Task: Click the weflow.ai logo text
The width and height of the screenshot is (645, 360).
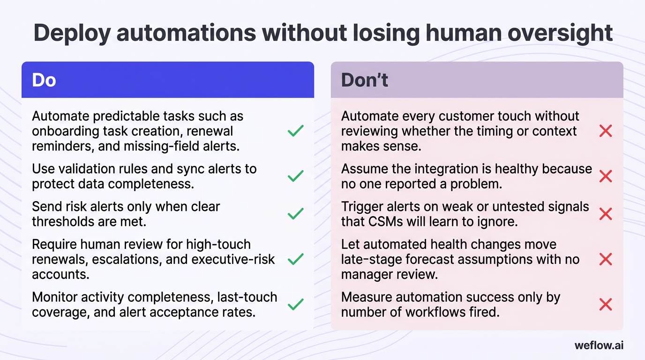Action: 599,345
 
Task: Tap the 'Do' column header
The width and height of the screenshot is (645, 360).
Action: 44,80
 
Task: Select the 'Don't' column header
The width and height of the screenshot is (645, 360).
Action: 364,80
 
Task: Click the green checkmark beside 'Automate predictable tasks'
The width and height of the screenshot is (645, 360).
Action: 295,131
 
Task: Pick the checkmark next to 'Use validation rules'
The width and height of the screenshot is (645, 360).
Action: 295,176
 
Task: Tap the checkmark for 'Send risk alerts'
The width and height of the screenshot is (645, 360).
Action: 295,214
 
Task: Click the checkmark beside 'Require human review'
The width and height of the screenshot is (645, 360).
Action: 295,259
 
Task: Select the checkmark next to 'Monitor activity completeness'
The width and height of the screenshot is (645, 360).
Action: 295,305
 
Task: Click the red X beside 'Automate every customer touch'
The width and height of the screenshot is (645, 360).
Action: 606,131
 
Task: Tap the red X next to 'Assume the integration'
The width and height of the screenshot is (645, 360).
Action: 606,176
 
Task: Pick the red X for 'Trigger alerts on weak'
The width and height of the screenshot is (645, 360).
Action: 606,214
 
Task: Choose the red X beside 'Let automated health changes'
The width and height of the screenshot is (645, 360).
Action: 606,259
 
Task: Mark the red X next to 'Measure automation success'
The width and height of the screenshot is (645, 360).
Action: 606,305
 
